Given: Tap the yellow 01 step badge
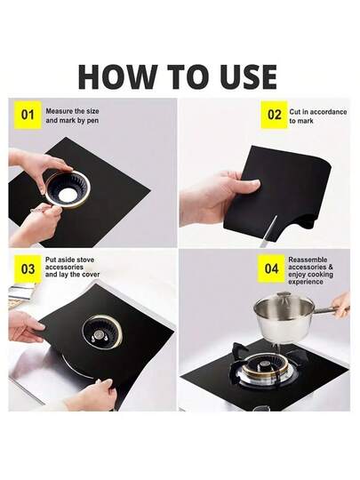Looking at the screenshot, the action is [x=28, y=115].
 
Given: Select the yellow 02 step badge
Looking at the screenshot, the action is [x=274, y=115].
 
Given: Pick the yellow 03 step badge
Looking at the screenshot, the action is [x=28, y=269].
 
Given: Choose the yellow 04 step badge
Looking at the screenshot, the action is [x=271, y=268].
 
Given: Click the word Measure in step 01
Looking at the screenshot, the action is [x=60, y=111].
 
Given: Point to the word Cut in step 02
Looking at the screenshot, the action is [x=295, y=112].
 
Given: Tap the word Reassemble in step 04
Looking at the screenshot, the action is [x=308, y=260].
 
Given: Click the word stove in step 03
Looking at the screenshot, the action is [x=85, y=260].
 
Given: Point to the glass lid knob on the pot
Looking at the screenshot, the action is [x=284, y=293].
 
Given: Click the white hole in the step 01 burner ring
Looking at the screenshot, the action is [x=68, y=195].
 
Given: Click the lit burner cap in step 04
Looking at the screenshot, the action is [x=264, y=365].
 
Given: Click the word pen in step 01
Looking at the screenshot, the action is [x=92, y=121].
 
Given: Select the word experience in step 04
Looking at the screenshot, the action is [x=306, y=282].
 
